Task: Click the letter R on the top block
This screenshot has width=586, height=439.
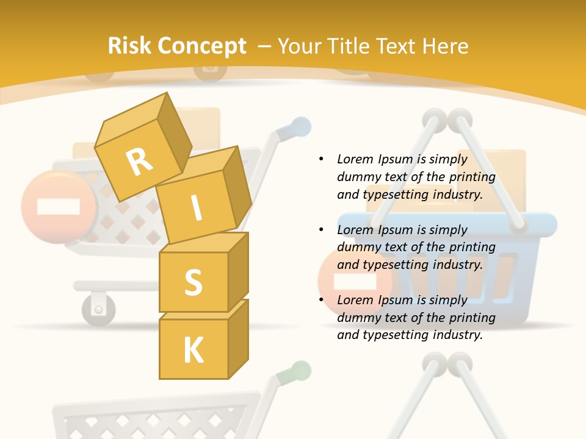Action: (139, 162)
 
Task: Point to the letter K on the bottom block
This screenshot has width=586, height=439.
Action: (193, 350)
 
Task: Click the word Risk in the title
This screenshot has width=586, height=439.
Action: (130, 46)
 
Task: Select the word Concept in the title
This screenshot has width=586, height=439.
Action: (202, 46)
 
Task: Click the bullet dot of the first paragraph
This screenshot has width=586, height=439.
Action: (322, 159)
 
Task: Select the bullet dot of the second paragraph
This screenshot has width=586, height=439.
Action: (322, 230)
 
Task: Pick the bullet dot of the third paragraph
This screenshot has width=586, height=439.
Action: (322, 300)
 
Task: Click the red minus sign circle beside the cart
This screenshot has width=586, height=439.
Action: (58, 207)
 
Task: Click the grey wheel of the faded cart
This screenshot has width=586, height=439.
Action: (98, 307)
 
